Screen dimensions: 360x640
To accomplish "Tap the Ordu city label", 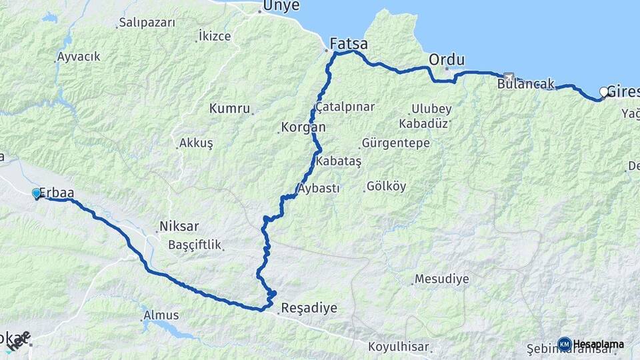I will [x=447, y=59].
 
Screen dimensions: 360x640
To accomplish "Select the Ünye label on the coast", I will [x=281, y=6].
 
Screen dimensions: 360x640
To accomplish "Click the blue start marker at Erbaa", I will [x=37, y=193].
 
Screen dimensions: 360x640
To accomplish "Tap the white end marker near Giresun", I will [x=605, y=92].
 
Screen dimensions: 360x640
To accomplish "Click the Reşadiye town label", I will [x=309, y=308].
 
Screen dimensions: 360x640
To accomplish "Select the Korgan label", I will [x=303, y=127].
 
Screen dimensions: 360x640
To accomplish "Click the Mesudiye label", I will [x=441, y=279].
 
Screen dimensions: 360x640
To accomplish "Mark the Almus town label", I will [x=161, y=315].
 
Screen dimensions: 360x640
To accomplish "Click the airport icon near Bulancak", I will [x=509, y=77].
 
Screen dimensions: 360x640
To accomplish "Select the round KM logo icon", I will [x=565, y=344].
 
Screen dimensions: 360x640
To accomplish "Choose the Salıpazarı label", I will [x=147, y=23].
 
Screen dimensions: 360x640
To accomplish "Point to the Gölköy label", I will [x=386, y=187].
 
